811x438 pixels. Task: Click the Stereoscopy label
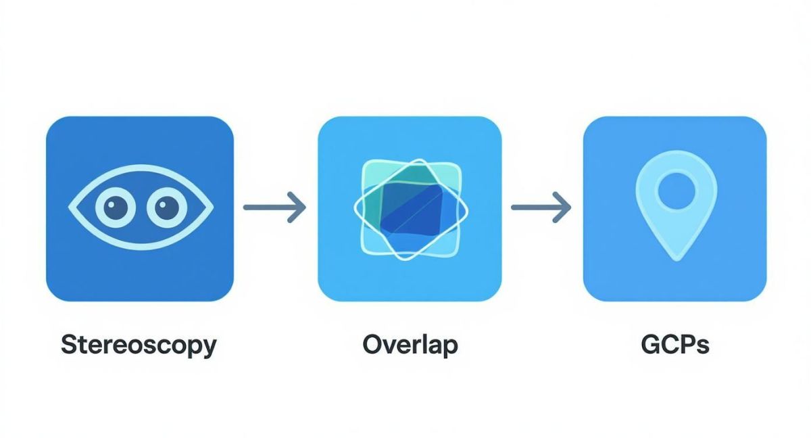[139, 345]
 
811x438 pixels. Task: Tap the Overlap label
[410, 345]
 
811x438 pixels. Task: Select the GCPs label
[675, 345]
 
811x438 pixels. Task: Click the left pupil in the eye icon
[116, 208]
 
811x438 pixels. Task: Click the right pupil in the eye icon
[167, 208]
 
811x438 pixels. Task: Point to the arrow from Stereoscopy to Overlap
[275, 208]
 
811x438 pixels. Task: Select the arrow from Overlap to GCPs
[541, 208]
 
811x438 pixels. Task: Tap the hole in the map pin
[677, 191]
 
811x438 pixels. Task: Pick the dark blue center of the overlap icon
[412, 209]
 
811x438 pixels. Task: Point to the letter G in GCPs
[651, 345]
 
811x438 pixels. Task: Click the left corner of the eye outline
[69, 208]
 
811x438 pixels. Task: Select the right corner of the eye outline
[214, 208]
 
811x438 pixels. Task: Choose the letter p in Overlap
[450, 349]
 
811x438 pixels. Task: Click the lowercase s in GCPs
[703, 347]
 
